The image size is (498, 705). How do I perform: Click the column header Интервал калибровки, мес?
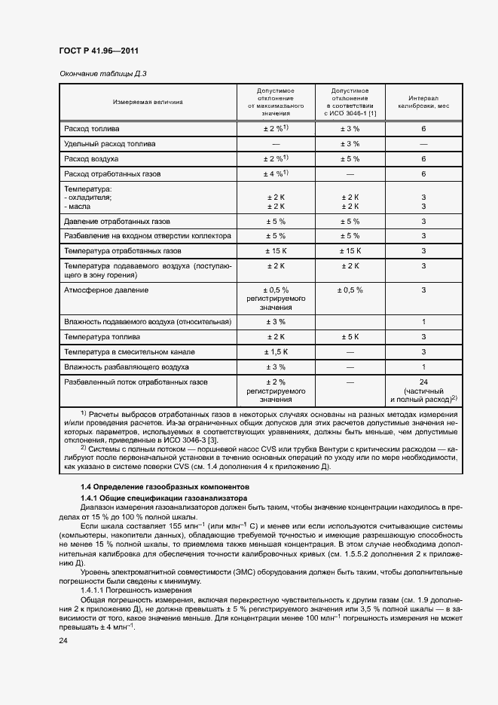pos(423,101)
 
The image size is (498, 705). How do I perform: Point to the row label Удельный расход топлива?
pos(110,143)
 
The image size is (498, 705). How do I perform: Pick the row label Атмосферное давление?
pos(106,290)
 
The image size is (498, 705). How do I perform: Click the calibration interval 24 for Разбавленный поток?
pos(423,382)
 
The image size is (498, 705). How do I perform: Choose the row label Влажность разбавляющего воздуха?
pos(127,367)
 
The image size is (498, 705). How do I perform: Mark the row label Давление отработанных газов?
pos(117,222)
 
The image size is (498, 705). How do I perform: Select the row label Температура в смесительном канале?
pos(130,351)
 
